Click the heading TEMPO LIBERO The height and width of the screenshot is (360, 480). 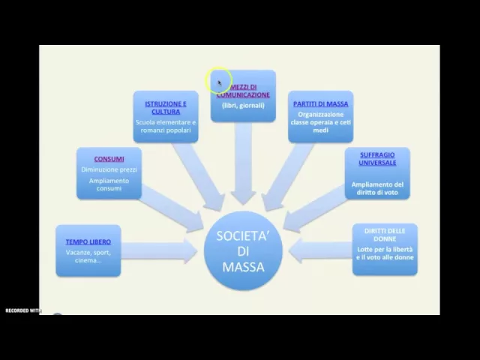(88, 241)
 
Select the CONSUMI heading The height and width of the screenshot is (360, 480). (109, 159)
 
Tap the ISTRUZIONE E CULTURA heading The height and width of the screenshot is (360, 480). (166, 107)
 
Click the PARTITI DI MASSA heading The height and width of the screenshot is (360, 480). (320, 103)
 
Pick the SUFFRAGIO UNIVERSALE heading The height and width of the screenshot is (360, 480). (377, 158)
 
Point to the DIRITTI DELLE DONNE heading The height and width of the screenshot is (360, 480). (384, 235)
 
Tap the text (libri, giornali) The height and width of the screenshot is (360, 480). (242, 106)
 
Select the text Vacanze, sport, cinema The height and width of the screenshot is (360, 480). (88, 256)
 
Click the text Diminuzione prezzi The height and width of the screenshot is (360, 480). (109, 169)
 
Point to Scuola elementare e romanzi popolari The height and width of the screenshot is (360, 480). (166, 126)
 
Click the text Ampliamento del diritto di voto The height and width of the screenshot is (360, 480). (377, 188)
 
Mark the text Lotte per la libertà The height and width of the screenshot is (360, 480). (384, 248)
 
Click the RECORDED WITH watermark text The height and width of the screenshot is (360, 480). (22, 310)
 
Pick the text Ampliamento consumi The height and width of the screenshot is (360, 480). (109, 184)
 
